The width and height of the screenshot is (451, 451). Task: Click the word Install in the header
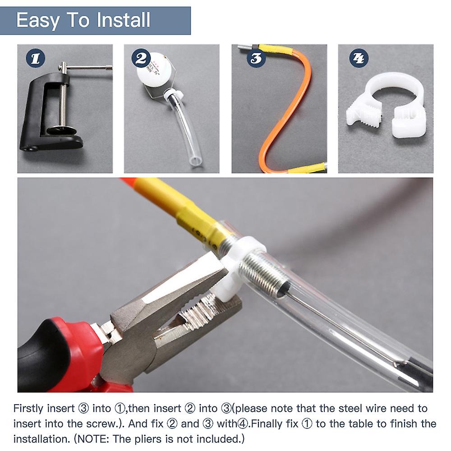[x=124, y=20]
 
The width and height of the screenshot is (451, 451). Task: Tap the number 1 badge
[x=35, y=58]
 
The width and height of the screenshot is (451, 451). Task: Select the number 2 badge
[x=141, y=58]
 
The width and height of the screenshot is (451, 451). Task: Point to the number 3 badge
[x=256, y=58]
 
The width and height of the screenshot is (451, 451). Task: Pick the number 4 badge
[x=359, y=58]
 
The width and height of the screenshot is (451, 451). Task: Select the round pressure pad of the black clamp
[x=61, y=131]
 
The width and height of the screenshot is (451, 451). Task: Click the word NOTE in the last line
[x=92, y=439]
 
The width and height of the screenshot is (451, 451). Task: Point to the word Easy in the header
[x=38, y=21]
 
